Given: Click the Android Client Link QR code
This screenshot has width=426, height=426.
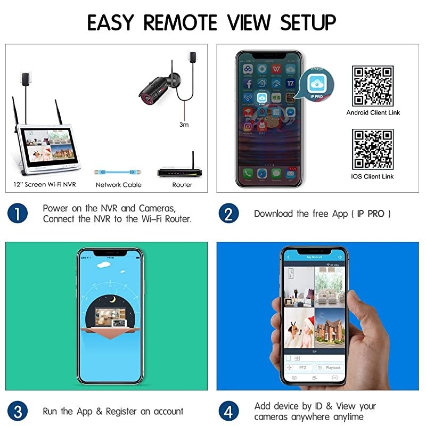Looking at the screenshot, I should coord(373,86).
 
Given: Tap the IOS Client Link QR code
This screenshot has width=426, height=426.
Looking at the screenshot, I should coord(373,149).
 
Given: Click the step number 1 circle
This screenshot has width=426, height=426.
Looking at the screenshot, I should coord(18,214).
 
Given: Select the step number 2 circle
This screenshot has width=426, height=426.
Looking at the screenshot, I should coord(228,214).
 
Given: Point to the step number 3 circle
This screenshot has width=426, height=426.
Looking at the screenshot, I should coord(18,411).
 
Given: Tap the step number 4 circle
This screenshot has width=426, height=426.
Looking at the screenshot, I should coord(228,411).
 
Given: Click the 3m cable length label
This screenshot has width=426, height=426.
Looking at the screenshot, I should coord(184,125).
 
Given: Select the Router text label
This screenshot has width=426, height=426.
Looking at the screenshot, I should coord(182,185).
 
